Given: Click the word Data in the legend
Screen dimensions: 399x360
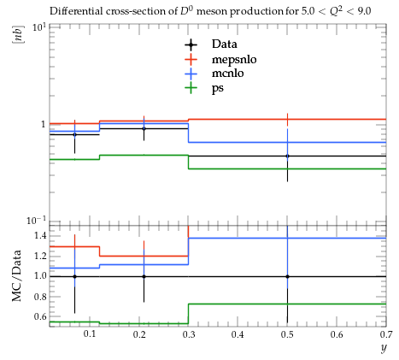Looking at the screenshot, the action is tap(224, 44).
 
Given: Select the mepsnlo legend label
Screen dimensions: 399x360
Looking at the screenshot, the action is tap(234, 60).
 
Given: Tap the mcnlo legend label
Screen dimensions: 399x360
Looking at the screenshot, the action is tap(228, 74).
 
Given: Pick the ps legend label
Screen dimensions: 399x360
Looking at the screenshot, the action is tap(218, 88).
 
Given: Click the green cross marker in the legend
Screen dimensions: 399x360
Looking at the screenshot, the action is tap(191, 87).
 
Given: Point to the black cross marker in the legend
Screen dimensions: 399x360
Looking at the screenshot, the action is tap(191, 44).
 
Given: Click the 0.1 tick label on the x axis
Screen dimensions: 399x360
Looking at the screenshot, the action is tap(90, 334).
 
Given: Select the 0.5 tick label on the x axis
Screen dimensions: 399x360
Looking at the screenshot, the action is tap(287, 334).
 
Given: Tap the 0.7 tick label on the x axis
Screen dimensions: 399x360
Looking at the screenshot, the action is tap(386, 334).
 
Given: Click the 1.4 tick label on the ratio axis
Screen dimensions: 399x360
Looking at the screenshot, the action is tap(40, 235).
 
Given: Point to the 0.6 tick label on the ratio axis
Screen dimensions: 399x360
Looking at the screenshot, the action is tap(40, 316).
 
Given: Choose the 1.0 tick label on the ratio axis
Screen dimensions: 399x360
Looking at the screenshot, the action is tap(40, 276).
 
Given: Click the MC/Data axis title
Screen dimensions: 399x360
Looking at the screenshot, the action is tap(17, 276).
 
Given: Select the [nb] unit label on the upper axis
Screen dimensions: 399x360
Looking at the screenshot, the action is tap(18, 34).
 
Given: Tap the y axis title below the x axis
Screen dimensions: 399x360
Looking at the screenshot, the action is tap(384, 348).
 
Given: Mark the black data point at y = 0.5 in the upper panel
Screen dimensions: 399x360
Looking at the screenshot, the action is tap(287, 156).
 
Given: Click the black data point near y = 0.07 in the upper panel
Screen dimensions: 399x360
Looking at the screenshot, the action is tap(74, 134).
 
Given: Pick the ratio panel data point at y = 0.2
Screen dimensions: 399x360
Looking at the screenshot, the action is tap(144, 276).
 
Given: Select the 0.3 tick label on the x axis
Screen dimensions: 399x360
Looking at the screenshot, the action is tap(189, 334).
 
